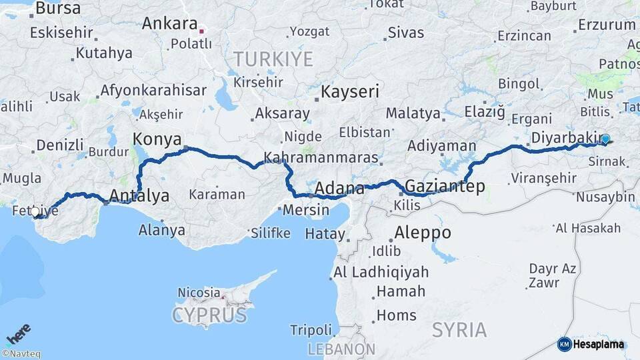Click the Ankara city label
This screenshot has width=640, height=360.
(169, 23)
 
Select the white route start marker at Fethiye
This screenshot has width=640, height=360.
(35, 212)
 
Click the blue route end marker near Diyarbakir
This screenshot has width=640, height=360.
(605, 140)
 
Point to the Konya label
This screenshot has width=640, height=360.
(157, 139)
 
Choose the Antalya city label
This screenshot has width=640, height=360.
(139, 196)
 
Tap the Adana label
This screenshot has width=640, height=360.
(339, 188)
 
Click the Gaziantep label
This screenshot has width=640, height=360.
(445, 186)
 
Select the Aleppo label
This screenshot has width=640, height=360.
(423, 233)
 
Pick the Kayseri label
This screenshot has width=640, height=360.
(350, 91)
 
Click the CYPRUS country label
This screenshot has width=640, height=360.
(210, 315)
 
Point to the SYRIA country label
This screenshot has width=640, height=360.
(459, 329)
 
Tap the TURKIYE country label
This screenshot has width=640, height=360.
(273, 59)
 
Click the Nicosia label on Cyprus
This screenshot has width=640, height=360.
(199, 292)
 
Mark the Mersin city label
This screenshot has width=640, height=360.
(306, 210)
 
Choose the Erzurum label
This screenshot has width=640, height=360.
(607, 25)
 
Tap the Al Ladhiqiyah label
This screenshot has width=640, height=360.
(381, 272)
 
